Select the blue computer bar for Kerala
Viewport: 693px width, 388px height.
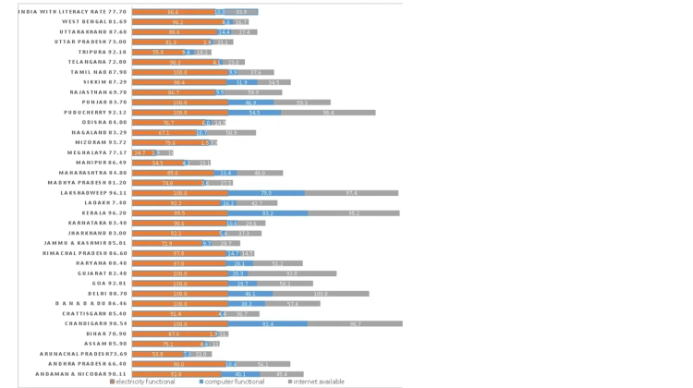268,212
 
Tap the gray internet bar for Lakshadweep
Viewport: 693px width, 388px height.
352,193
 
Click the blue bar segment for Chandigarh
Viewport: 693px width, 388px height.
268,324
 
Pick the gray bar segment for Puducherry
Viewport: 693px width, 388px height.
328,112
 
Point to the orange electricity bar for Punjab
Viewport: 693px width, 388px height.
180,103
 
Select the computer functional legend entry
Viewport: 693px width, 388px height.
235,382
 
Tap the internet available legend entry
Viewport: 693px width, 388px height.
318,382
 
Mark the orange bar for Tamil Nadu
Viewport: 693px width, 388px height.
180,72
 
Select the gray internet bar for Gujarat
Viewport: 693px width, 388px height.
290,273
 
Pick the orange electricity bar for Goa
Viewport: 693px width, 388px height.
180,284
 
